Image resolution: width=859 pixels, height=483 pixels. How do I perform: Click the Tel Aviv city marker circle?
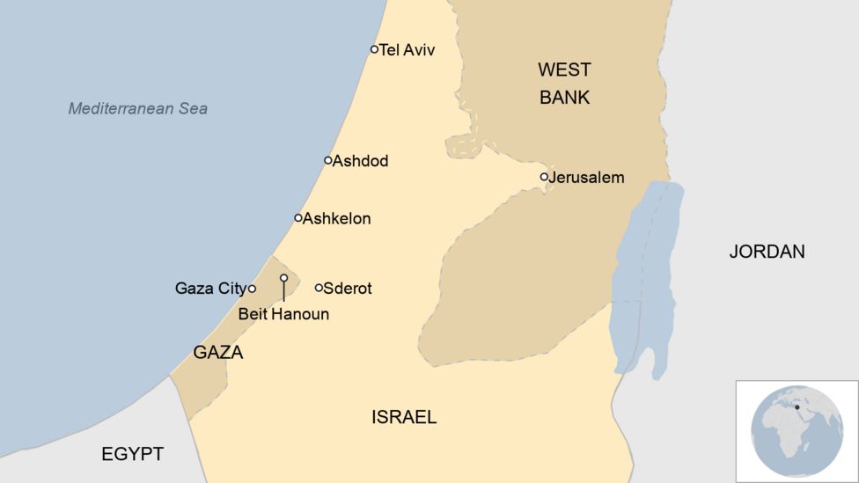(x=374, y=49)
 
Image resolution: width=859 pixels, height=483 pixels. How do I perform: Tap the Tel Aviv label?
(x=407, y=50)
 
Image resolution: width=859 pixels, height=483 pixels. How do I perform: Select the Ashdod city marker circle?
(x=327, y=160)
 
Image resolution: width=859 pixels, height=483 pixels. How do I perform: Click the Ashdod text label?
(x=360, y=162)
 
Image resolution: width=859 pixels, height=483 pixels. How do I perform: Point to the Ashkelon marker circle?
(x=297, y=217)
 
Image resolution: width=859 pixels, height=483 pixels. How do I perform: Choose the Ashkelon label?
(x=336, y=219)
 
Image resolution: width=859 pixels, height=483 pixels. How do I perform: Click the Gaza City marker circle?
(x=252, y=289)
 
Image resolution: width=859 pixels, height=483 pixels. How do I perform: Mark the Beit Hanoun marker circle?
(x=283, y=278)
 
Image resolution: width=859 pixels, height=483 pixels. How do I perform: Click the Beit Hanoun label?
(x=283, y=314)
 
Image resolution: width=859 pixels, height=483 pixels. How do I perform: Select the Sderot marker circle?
(x=319, y=288)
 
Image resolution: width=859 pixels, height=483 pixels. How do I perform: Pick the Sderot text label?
(x=348, y=289)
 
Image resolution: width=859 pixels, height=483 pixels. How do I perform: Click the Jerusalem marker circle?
(x=544, y=177)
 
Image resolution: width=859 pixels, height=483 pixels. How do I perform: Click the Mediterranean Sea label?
(x=138, y=109)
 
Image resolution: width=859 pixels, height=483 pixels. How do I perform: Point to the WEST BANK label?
(x=564, y=84)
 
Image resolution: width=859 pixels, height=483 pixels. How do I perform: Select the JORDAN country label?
(x=767, y=252)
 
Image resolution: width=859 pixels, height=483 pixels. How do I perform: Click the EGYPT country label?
(x=132, y=454)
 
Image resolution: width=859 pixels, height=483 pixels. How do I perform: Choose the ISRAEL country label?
(x=404, y=417)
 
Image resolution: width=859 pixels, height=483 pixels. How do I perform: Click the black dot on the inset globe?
(x=797, y=406)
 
